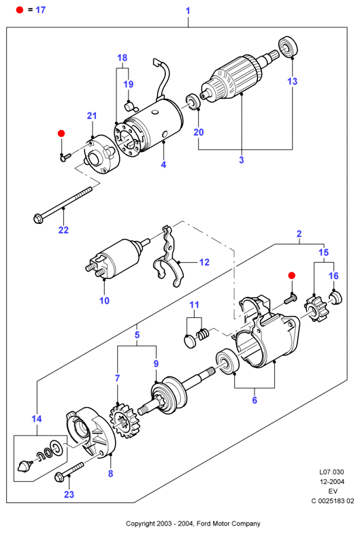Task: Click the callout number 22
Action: click(63, 230)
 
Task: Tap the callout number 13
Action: click(293, 81)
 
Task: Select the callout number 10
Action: click(104, 300)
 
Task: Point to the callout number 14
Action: click(37, 419)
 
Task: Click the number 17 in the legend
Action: click(40, 10)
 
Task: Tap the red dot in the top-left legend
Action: click(20, 10)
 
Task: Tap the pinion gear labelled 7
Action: click(125, 420)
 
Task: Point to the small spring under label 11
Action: click(203, 334)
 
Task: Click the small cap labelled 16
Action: click(336, 298)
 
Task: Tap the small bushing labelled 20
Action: click(193, 101)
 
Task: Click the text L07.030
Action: click(331, 472)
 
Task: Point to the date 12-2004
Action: click(331, 482)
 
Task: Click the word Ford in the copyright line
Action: click(203, 523)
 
